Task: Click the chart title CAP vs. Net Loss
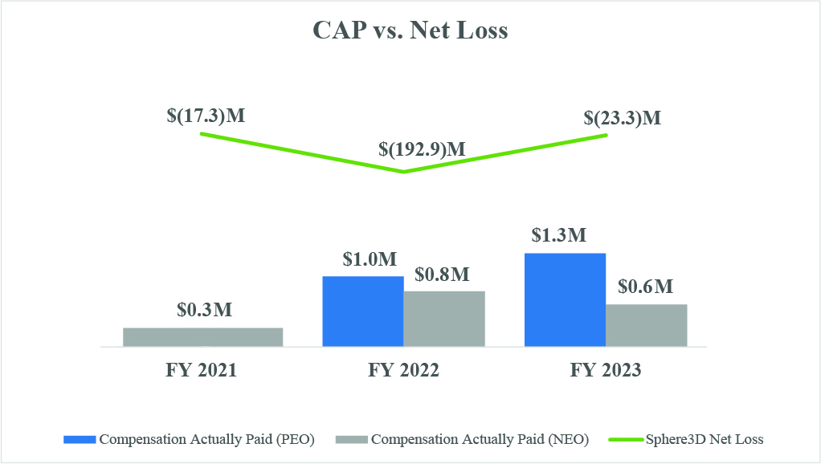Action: click(410, 31)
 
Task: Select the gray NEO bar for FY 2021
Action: click(202, 337)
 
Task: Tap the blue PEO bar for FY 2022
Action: click(362, 311)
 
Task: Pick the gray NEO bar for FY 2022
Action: click(444, 319)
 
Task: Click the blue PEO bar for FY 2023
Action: click(565, 300)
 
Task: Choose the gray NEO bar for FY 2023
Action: click(647, 325)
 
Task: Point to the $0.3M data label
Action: click(203, 310)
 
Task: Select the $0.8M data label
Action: click(443, 274)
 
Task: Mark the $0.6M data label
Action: click(646, 287)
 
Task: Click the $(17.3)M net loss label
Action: click(206, 116)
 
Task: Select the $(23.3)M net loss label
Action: click(623, 118)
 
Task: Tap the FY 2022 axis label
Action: click(403, 370)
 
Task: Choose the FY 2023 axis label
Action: click(606, 370)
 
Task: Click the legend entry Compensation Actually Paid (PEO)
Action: click(189, 439)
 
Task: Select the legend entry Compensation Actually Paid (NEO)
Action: click(464, 439)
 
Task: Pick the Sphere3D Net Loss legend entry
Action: click(687, 439)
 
